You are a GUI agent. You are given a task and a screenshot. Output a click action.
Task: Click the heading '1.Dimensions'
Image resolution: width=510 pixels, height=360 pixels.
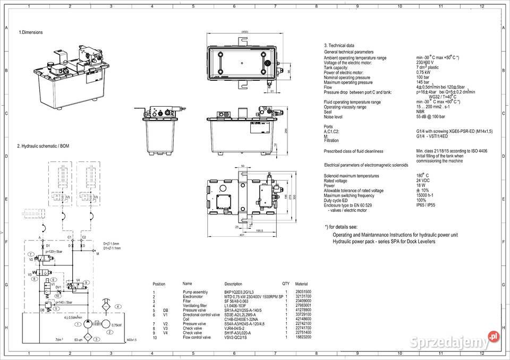coord(31,32)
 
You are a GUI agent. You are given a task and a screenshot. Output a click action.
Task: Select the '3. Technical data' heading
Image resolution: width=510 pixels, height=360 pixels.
coord(339,46)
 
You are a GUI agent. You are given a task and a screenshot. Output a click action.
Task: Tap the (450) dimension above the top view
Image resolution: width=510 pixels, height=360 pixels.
coord(245,32)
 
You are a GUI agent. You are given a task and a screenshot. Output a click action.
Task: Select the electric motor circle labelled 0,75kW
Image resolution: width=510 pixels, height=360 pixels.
coord(105,324)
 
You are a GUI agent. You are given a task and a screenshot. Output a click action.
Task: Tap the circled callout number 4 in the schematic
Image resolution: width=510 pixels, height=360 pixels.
coord(118,307)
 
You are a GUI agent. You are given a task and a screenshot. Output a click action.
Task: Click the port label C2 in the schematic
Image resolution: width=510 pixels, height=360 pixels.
coord(83,237)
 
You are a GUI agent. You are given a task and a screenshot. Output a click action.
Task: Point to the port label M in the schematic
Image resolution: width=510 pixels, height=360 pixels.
coord(97,254)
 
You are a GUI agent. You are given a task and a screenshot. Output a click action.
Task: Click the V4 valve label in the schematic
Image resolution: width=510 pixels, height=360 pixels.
coord(78,279)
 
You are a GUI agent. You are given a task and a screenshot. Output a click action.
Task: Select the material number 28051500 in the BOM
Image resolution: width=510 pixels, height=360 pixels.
coord(303,293)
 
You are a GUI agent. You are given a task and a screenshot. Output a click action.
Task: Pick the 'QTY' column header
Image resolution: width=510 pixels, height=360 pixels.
coord(286,284)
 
